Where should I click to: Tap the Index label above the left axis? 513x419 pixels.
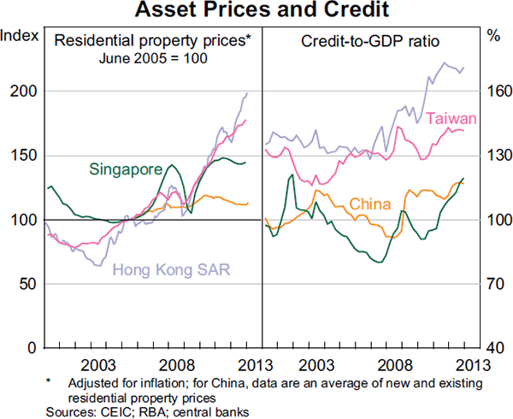[18, 36]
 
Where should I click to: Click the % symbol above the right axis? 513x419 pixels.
[493, 36]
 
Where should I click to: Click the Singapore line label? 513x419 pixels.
[127, 169]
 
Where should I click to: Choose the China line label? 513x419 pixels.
[370, 204]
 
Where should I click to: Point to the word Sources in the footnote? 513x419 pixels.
[64, 410]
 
